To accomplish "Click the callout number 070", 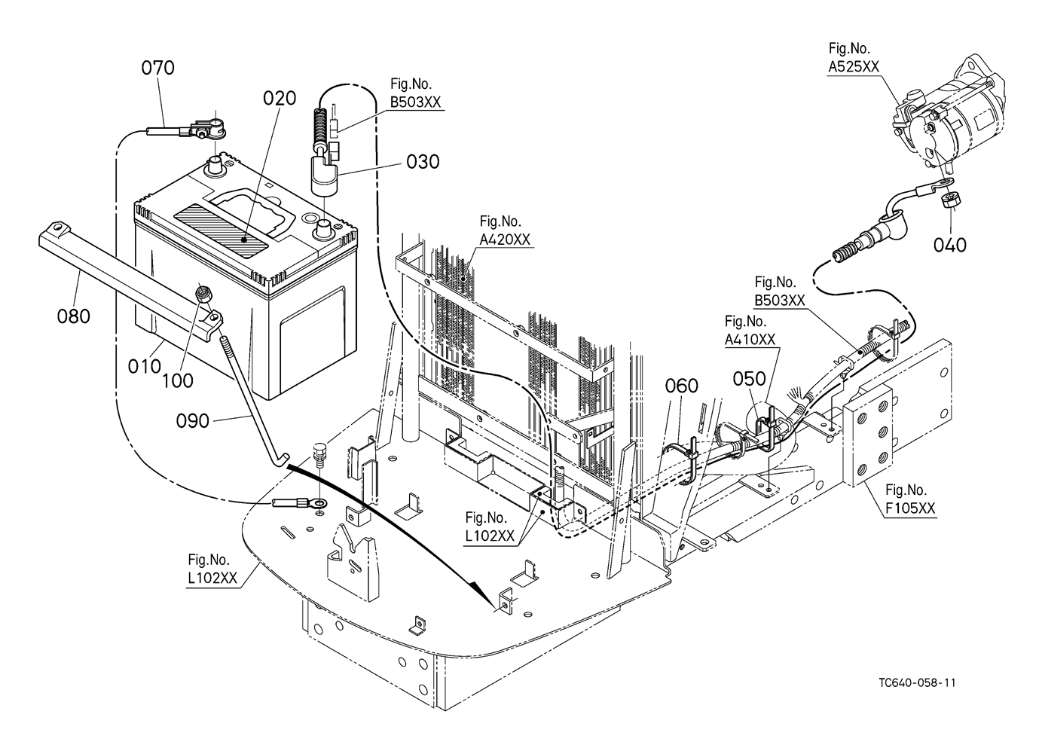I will point(157,68).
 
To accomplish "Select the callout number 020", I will point(280,99).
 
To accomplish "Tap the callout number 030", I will point(423,161).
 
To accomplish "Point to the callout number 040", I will point(949,245).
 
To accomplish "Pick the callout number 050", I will point(750,378).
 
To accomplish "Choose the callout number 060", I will point(681,386).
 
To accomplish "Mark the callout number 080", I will point(73,316).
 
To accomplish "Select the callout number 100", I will point(178,380).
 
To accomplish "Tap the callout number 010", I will point(145,367).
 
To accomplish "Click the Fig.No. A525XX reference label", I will point(854,58).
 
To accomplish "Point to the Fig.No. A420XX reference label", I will point(505,230).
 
